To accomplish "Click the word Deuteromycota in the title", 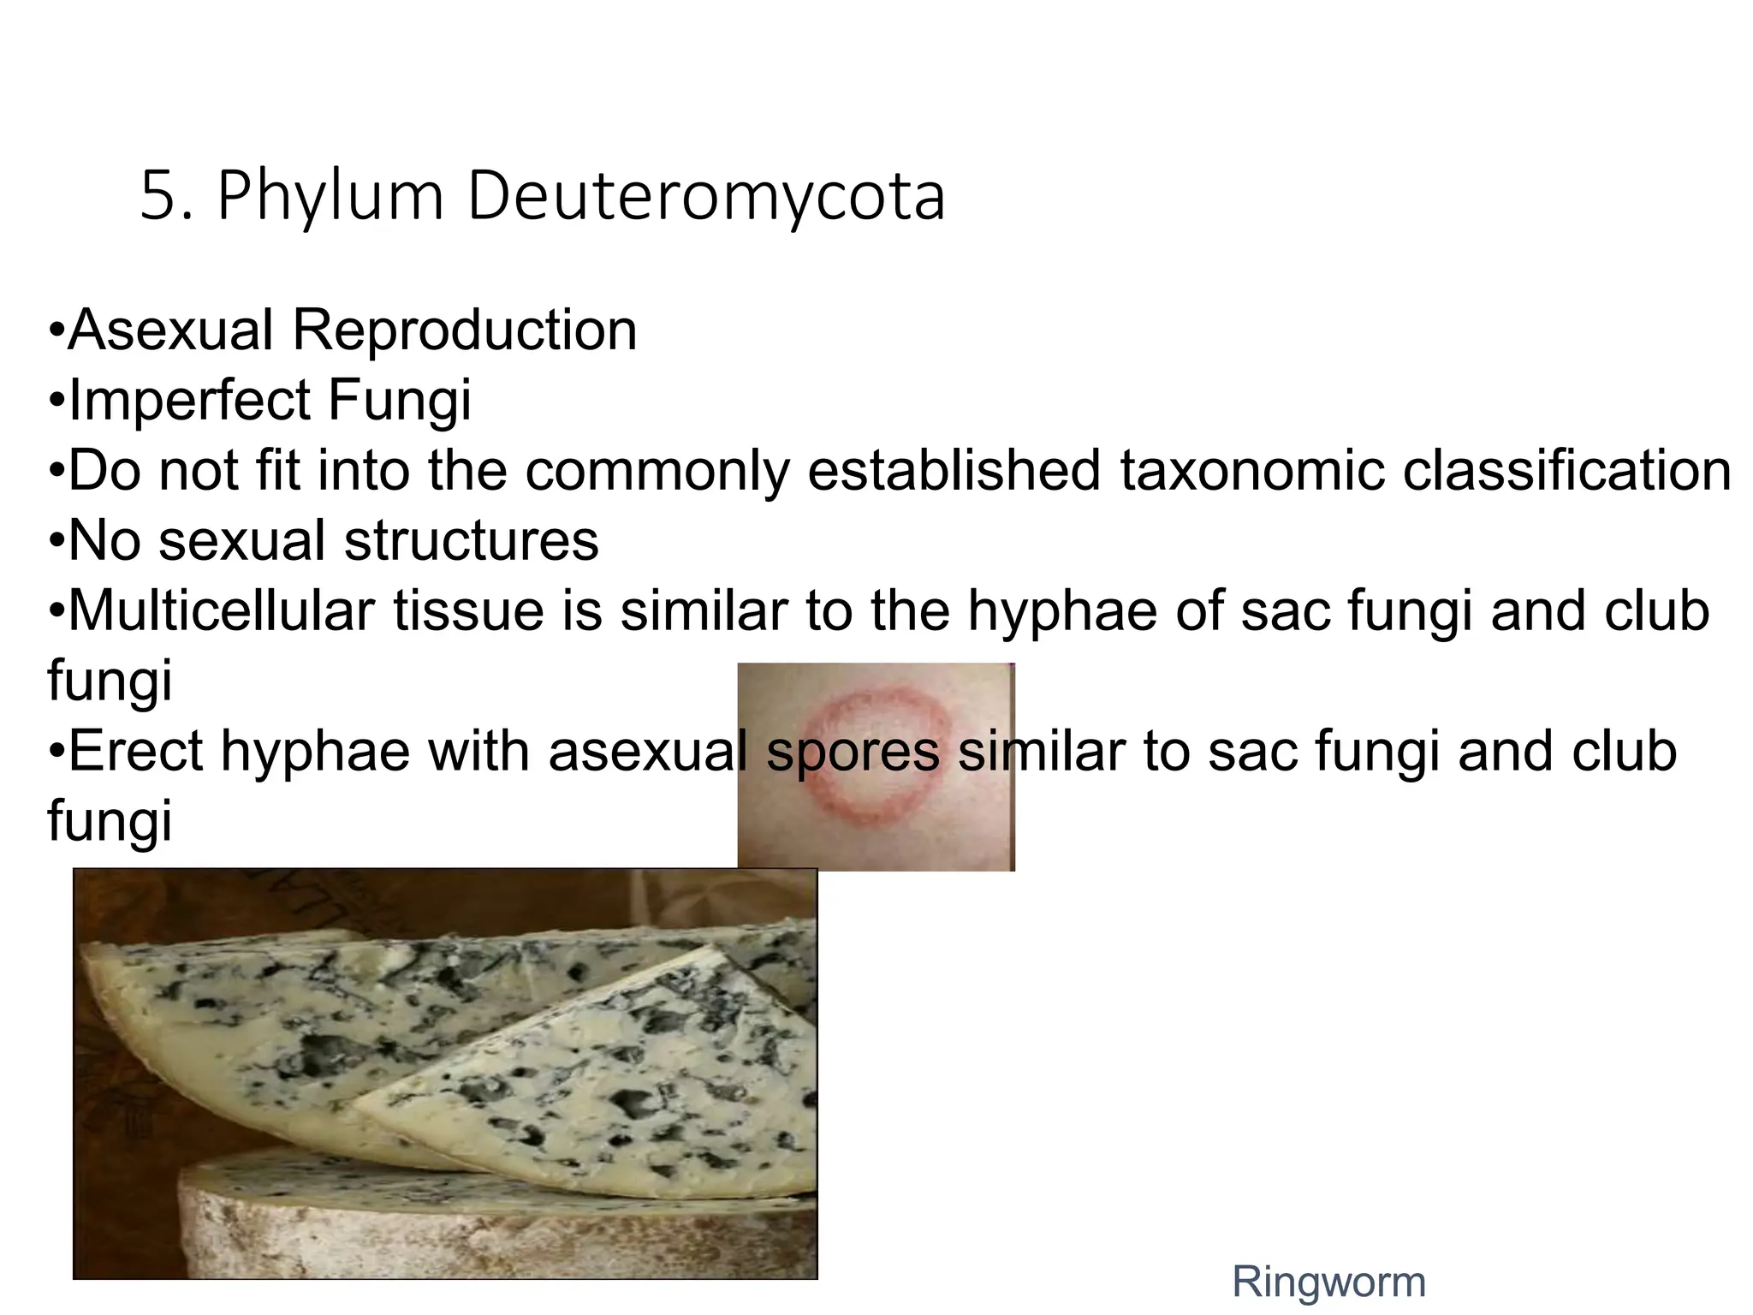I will pyautogui.click(x=705, y=197).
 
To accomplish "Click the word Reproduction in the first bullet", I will pyautogui.click(x=465, y=330).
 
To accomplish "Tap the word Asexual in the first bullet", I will pyautogui.click(x=171, y=330).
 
